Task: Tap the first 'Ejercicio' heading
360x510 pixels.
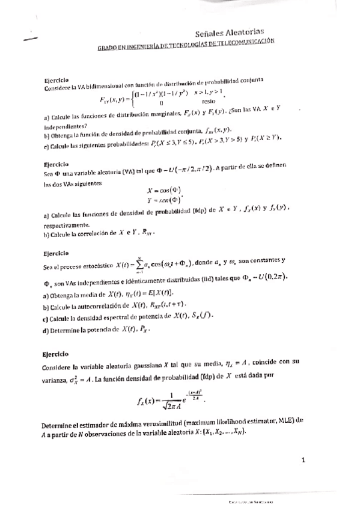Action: (x=57, y=80)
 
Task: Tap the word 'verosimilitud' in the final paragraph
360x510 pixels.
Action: (x=160, y=421)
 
